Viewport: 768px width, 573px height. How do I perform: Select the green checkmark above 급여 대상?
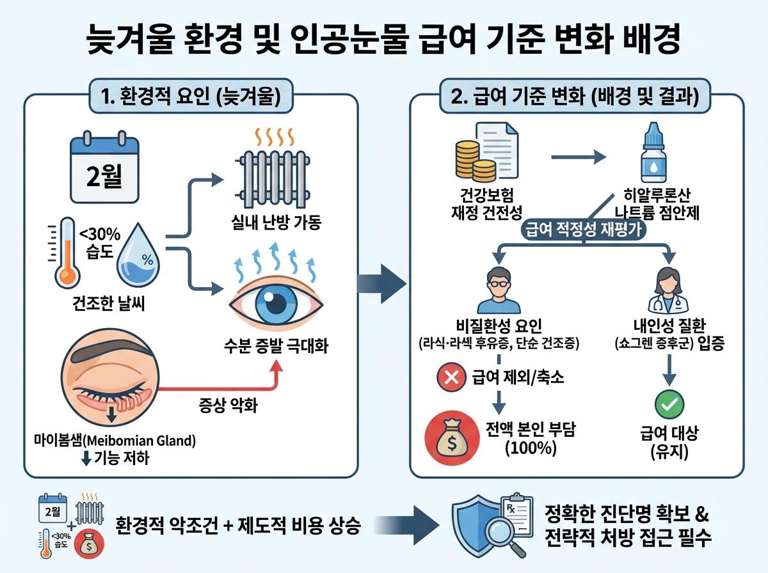point(669,404)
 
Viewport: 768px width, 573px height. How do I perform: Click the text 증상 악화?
point(224,404)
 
